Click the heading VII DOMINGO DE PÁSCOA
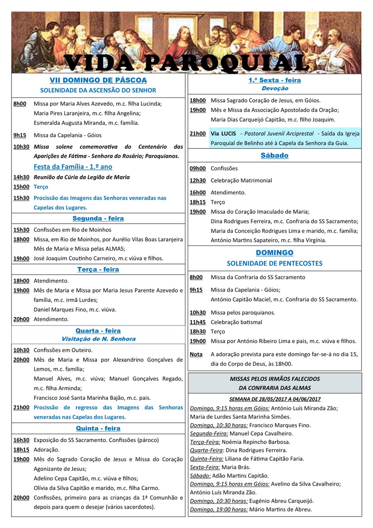98,80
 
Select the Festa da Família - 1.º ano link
73,167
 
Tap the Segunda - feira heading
98,218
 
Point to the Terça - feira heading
98,270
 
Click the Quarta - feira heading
98,331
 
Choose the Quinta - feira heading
98,428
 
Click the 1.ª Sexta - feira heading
274,80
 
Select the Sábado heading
274,156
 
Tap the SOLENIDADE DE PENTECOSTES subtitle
274,263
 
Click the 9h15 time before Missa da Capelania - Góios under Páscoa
20,135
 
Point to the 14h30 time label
21,177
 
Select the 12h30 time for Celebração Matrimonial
198,180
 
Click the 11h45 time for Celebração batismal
198,322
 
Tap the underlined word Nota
196,354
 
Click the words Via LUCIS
223,134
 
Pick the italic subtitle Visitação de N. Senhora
98,339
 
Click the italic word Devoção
275,89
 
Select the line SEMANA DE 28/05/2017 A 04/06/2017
275,399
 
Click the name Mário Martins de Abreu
280,509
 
